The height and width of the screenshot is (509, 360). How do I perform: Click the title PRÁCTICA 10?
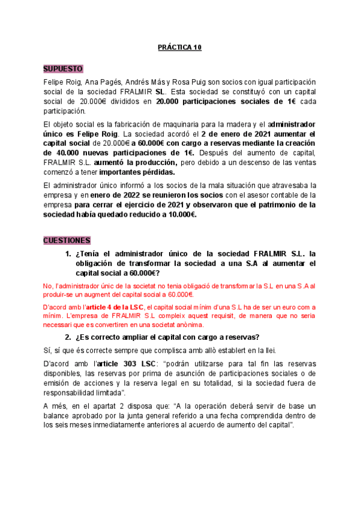pos(179,48)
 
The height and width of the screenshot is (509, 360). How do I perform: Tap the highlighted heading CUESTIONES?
pos(67,240)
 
